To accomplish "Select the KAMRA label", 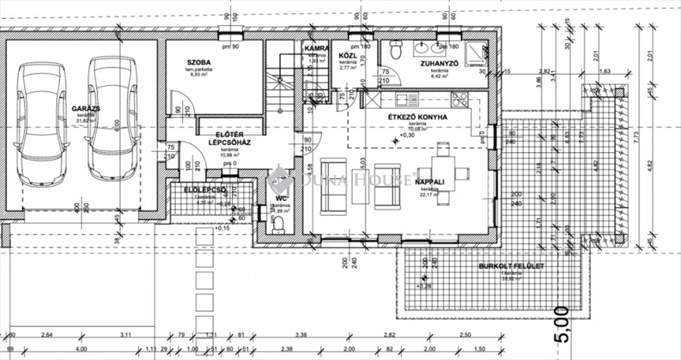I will coord(316,48).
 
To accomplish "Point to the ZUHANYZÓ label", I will coord(439,64).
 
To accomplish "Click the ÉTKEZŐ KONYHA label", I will coord(417,117).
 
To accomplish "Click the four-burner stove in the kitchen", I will coord(459,100).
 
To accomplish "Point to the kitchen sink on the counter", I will coord(406,100).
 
